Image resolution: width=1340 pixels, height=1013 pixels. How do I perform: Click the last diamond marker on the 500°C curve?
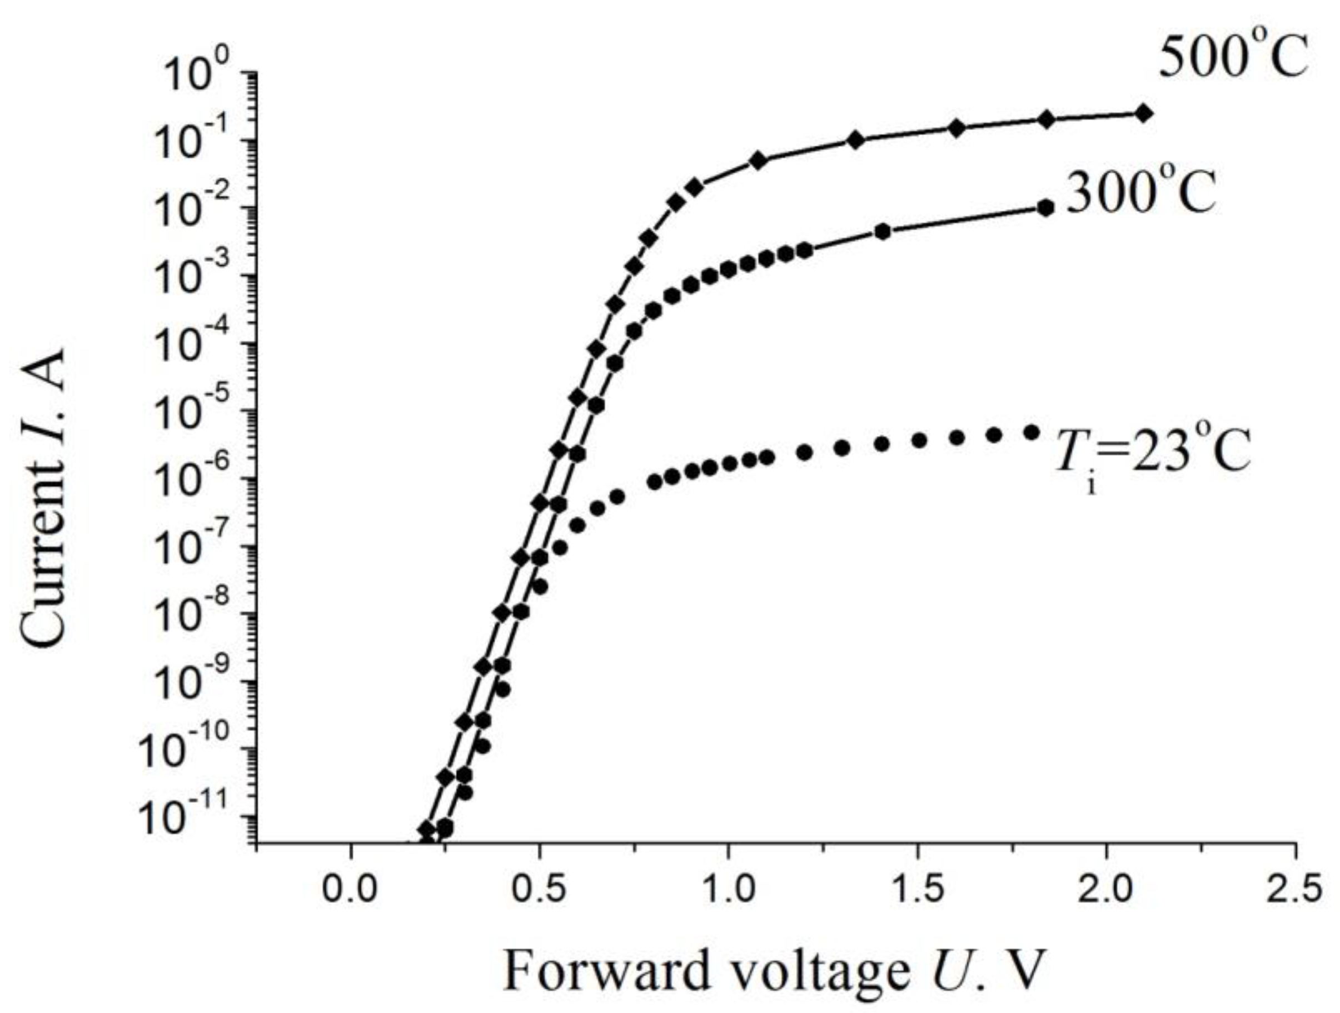[x=1143, y=113]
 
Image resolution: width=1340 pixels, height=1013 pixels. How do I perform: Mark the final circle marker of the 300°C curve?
[x=1045, y=208]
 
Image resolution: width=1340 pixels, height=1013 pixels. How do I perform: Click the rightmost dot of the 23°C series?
[x=1031, y=432]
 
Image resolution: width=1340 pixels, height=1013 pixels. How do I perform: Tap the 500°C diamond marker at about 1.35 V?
[x=855, y=140]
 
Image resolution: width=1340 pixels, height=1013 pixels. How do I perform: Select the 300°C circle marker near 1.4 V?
[x=883, y=231]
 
